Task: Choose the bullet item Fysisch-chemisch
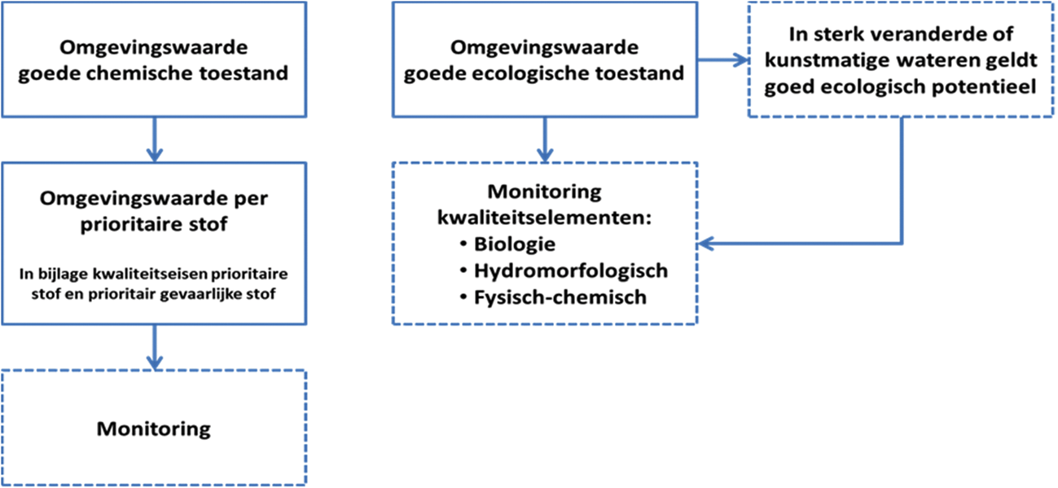click(560, 297)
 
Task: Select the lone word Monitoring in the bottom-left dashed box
click(153, 428)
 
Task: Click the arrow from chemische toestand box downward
click(154, 138)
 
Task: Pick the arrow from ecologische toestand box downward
click(545, 138)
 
